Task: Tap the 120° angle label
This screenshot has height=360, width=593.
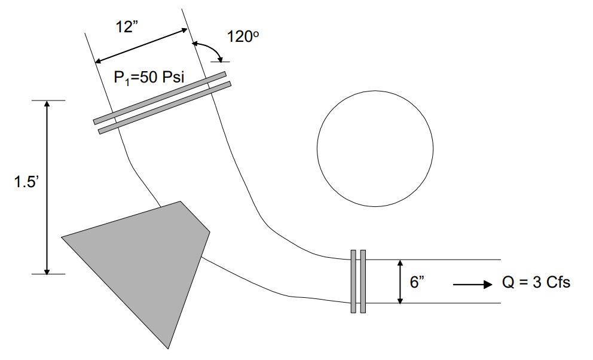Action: [x=244, y=36]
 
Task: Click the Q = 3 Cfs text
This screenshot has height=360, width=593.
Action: [x=536, y=283]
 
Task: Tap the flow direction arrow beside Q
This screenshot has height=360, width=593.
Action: [x=470, y=285]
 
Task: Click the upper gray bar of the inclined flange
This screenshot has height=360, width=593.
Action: [x=160, y=97]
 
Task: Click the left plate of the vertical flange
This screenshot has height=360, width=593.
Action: [x=353, y=281]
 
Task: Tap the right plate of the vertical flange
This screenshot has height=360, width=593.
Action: [x=363, y=281]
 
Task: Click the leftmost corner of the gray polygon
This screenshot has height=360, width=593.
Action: [x=63, y=237]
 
